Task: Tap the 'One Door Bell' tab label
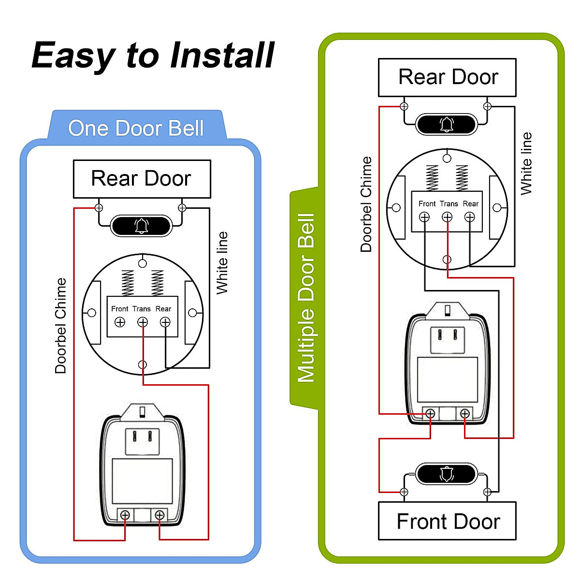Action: (136, 128)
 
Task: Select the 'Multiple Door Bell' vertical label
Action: (306, 298)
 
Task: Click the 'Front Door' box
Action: (447, 521)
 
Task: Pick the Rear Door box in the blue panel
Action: (142, 179)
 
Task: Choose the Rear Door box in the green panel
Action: (447, 77)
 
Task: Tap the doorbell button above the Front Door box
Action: (446, 474)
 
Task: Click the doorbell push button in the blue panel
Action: (141, 226)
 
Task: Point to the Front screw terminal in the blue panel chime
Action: (120, 322)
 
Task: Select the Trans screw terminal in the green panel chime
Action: (447, 217)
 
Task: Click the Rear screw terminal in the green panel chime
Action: (469, 217)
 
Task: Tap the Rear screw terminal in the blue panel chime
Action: (165, 322)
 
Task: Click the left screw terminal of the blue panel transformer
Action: (125, 515)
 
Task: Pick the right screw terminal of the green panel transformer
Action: (464, 414)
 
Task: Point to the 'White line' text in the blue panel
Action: (222, 263)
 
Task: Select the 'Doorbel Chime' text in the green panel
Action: (366, 204)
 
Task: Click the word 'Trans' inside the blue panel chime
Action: (142, 309)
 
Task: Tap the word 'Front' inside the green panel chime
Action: (427, 204)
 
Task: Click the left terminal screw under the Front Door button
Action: (404, 492)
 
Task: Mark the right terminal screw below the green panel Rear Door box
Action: (487, 106)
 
